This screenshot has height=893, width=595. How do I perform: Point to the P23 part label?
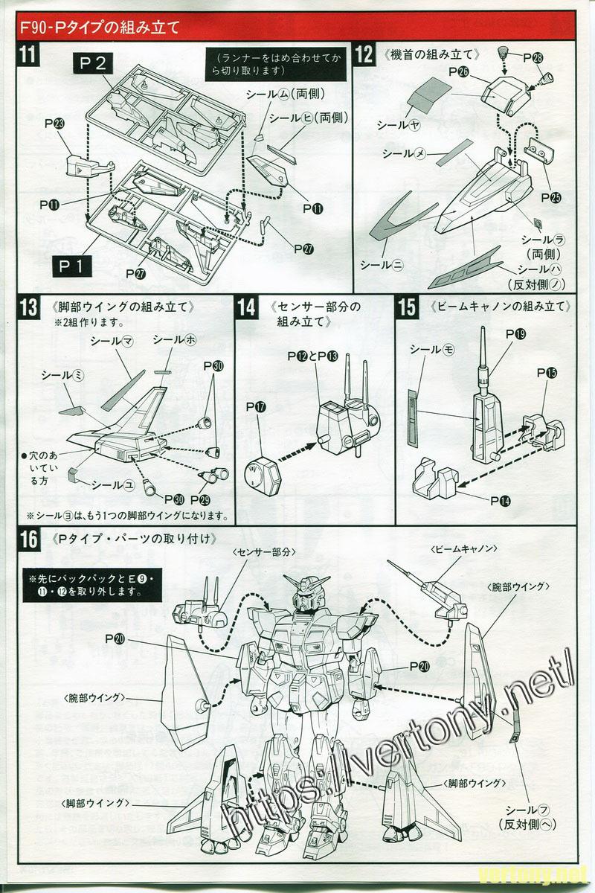54,124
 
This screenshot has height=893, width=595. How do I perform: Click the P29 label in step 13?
200,499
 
